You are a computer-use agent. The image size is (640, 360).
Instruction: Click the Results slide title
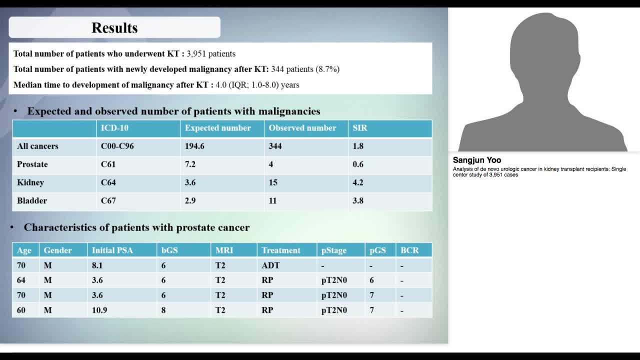point(114,28)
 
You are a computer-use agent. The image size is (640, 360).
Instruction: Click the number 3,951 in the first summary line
point(196,53)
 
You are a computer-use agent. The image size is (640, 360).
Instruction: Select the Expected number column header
point(217,128)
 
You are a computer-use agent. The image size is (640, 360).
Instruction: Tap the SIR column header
point(359,128)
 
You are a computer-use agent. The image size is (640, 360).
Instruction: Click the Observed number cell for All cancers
point(275,146)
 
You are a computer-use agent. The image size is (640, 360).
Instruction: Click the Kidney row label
point(30,182)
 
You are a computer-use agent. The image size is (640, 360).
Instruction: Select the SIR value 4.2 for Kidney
point(358,182)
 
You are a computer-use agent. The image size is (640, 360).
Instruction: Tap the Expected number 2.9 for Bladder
point(190,200)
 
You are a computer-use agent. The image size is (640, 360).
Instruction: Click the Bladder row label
point(32,200)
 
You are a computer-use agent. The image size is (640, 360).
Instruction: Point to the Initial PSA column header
point(112,250)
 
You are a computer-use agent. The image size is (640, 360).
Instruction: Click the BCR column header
point(409,250)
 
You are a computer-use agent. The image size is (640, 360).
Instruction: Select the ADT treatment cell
point(270,265)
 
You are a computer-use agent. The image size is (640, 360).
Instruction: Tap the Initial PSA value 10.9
point(99,310)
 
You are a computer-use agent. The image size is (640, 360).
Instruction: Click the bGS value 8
point(163,310)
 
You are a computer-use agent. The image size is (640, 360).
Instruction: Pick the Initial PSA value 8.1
point(97,265)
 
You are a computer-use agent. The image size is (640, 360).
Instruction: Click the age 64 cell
point(21,280)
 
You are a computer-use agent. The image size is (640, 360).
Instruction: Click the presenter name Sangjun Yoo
point(477,160)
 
